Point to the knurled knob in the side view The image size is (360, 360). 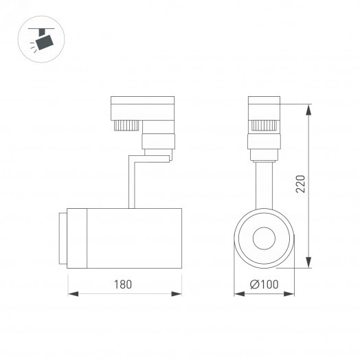(126, 125)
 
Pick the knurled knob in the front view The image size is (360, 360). (265, 125)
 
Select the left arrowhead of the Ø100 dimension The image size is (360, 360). (238, 293)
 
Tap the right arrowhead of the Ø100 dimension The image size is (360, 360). (291, 293)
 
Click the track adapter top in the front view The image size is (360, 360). (265, 110)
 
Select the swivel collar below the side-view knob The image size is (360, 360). (158, 143)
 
